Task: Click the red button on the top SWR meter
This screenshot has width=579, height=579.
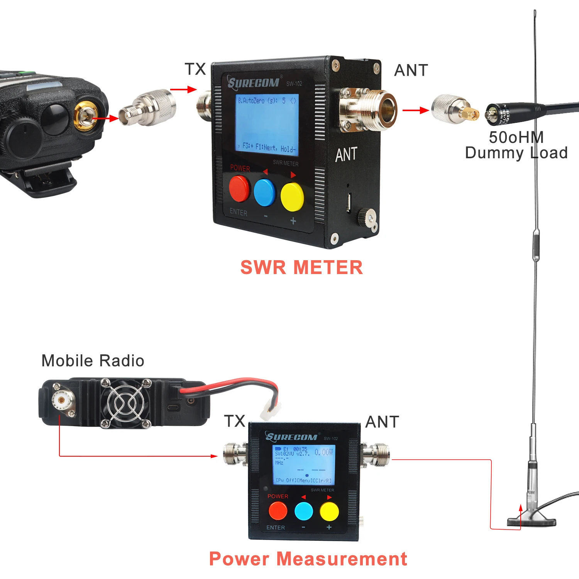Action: pos(239,189)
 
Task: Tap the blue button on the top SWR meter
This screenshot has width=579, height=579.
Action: pos(265,192)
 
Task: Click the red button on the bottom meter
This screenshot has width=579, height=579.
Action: pos(278,511)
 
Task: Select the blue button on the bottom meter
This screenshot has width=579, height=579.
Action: pos(304,511)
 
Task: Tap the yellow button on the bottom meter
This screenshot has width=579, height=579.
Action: pos(329,511)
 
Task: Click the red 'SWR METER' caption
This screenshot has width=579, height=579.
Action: pos(301,267)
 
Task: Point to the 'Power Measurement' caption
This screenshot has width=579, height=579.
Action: pos(308,559)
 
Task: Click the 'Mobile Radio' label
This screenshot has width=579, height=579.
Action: pos(93,361)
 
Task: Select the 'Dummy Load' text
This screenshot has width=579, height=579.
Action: pos(516,153)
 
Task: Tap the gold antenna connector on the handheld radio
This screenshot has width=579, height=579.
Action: pos(85,115)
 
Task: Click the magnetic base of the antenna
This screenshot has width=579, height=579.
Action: pos(531,521)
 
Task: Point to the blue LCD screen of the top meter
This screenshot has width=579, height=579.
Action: pos(267,122)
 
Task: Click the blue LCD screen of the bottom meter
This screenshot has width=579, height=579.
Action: pos(303,464)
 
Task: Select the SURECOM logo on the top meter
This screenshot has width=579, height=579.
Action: pos(254,83)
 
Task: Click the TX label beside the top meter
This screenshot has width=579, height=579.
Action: pos(195,69)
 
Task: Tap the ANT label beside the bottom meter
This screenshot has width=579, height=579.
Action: pos(382,422)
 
